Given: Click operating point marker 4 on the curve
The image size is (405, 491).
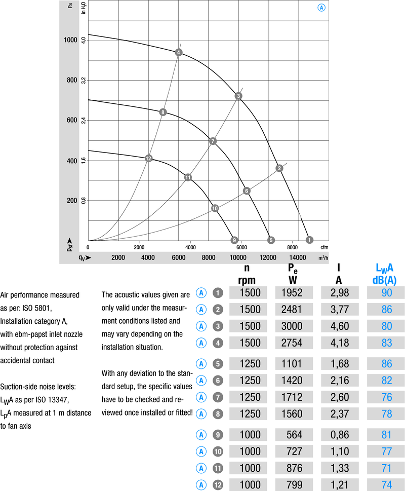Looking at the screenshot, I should tap(178, 53).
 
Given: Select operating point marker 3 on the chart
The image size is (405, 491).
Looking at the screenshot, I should tap(238, 96).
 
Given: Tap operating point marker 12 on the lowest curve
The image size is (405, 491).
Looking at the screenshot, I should tap(148, 159).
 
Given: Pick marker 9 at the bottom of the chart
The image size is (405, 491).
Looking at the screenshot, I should tap(234, 240).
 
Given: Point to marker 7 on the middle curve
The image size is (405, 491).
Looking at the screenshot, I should tap(213, 141).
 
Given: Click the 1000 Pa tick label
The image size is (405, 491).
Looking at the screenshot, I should tap(71, 40).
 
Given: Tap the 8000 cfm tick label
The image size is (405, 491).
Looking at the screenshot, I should tap(292, 247).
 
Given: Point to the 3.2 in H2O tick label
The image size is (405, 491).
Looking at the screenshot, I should tap(84, 80).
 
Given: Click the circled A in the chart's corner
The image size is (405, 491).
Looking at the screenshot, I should tap(321, 8).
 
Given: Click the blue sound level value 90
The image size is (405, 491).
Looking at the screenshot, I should tap(387, 293).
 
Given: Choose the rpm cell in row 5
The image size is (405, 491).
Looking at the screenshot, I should tap(250, 363).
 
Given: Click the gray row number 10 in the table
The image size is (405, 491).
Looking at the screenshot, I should tap(218, 451).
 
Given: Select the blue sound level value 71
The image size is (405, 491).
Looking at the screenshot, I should tap(387, 468).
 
